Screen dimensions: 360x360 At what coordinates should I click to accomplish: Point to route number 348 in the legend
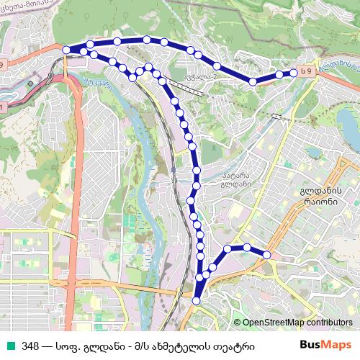coord(31,345)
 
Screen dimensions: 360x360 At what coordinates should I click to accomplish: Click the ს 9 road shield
coord(307,72)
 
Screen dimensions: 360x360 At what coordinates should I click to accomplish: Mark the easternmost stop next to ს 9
coord(294,72)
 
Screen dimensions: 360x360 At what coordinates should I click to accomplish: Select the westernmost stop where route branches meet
coord(66,50)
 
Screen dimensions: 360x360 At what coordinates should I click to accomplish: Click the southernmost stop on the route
coord(197,301)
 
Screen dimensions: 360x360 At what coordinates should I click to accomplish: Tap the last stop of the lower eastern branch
coord(266,254)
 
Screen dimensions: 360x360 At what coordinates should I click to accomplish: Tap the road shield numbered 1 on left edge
coord(3,107)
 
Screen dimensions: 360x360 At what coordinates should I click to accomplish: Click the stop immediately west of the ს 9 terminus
coord(278,74)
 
